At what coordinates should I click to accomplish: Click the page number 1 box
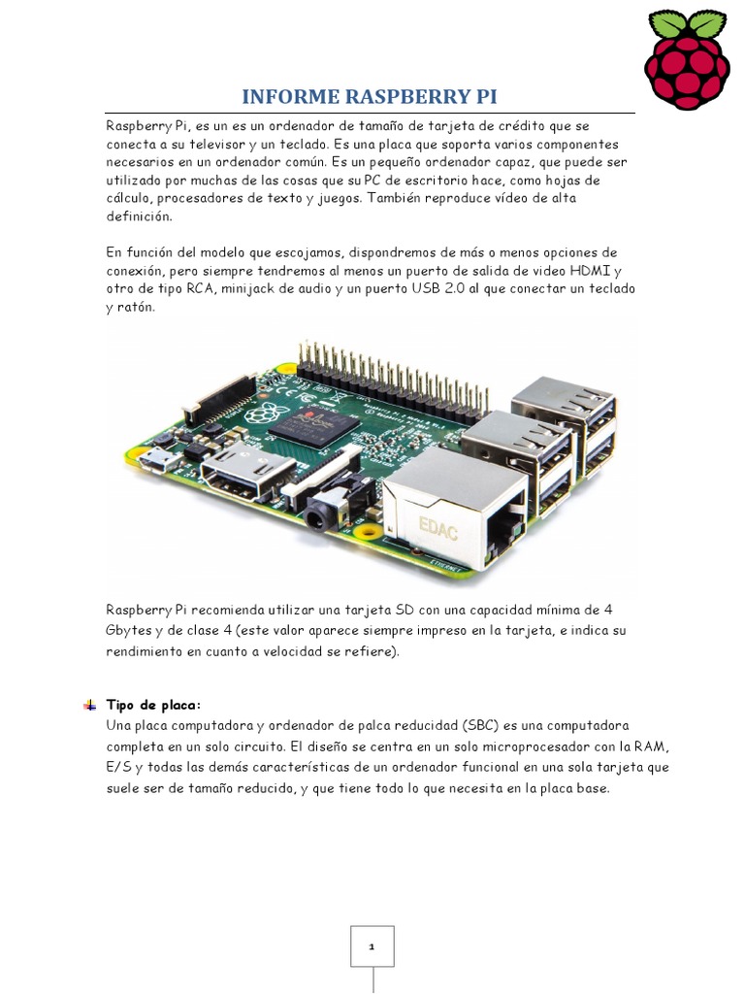[372, 945]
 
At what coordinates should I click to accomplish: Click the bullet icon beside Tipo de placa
[89, 705]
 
